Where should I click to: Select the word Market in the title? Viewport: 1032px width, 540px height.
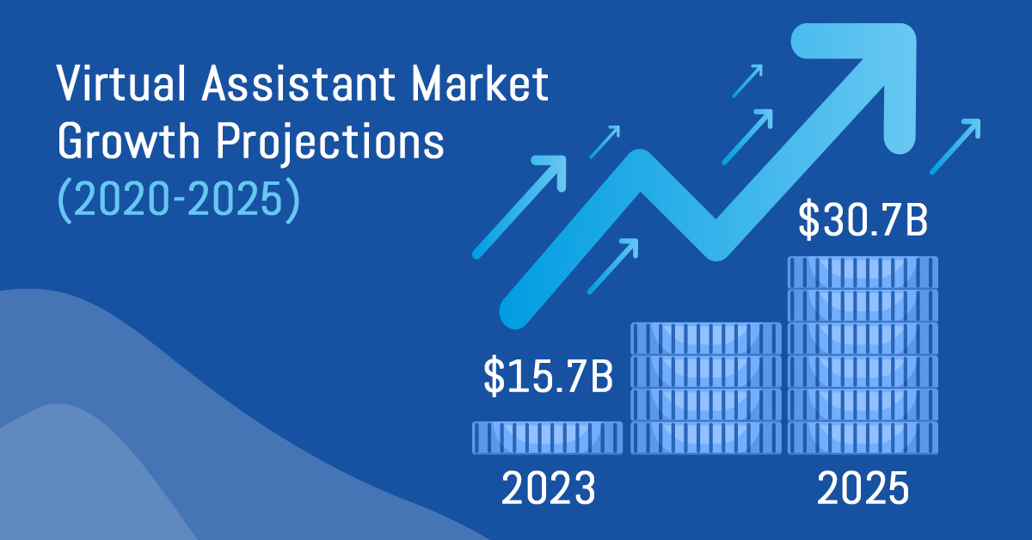487,87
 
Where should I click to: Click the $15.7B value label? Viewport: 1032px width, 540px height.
548,379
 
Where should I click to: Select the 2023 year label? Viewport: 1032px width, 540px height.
548,489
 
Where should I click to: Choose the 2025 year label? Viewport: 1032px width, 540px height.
863,489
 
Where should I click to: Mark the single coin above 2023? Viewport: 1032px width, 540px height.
548,438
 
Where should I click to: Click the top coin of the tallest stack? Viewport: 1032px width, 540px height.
863,273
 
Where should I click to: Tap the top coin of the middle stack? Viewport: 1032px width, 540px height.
706,338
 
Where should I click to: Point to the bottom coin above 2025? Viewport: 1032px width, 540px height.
863,438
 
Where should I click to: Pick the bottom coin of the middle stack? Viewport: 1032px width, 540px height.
706,438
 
